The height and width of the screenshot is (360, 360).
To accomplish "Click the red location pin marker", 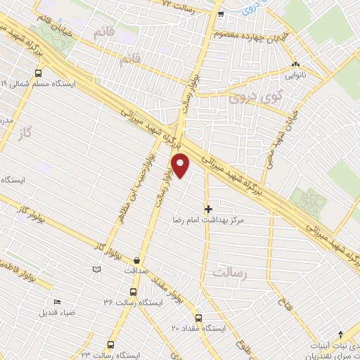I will (x=181, y=165).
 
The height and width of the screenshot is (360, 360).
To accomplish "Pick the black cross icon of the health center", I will (x=208, y=209).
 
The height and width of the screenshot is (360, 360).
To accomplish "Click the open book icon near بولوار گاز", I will (x=96, y=268).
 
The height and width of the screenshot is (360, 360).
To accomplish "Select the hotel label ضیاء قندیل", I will (x=57, y=311).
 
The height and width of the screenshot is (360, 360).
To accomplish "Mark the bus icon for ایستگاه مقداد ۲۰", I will (x=198, y=317).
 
